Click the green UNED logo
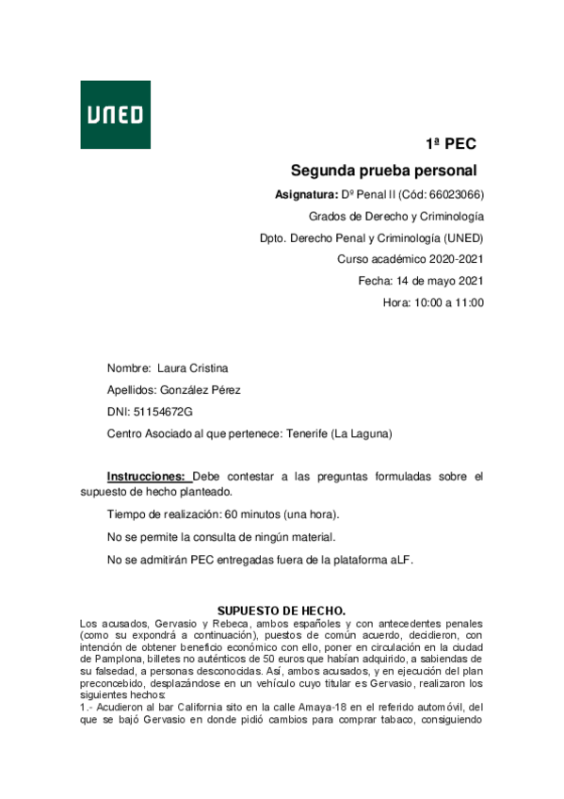[115, 114]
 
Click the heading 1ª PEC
[450, 144]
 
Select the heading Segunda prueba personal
[383, 171]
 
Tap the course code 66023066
[454, 195]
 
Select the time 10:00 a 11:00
[446, 302]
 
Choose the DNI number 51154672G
[163, 412]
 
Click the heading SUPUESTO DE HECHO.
[282, 611]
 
